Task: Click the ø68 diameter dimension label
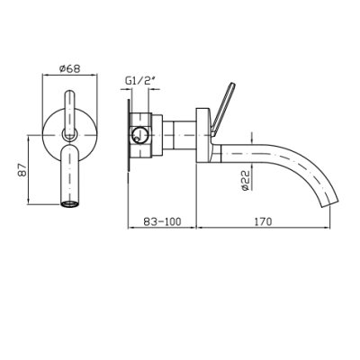[x=70, y=68]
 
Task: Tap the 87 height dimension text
[x=23, y=170]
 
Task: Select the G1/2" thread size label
[x=139, y=81]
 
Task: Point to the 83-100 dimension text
[x=162, y=221]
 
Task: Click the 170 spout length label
[x=264, y=221]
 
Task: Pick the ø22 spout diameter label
[x=246, y=180]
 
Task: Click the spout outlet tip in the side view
[x=329, y=204]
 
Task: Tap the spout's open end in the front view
[x=70, y=204]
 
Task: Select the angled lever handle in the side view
[x=222, y=108]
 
